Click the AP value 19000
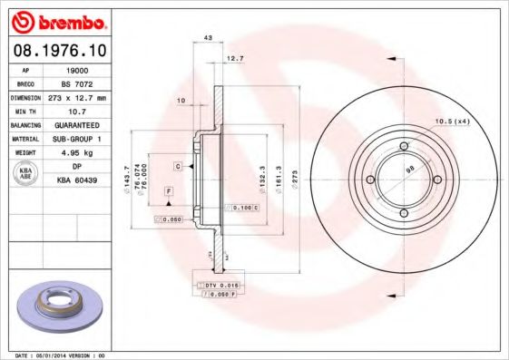79,69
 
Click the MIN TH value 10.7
79,110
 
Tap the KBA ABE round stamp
26,173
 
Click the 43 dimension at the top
208,38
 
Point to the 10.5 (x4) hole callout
452,121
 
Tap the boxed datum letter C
178,166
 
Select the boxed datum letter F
168,191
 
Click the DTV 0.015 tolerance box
219,285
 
